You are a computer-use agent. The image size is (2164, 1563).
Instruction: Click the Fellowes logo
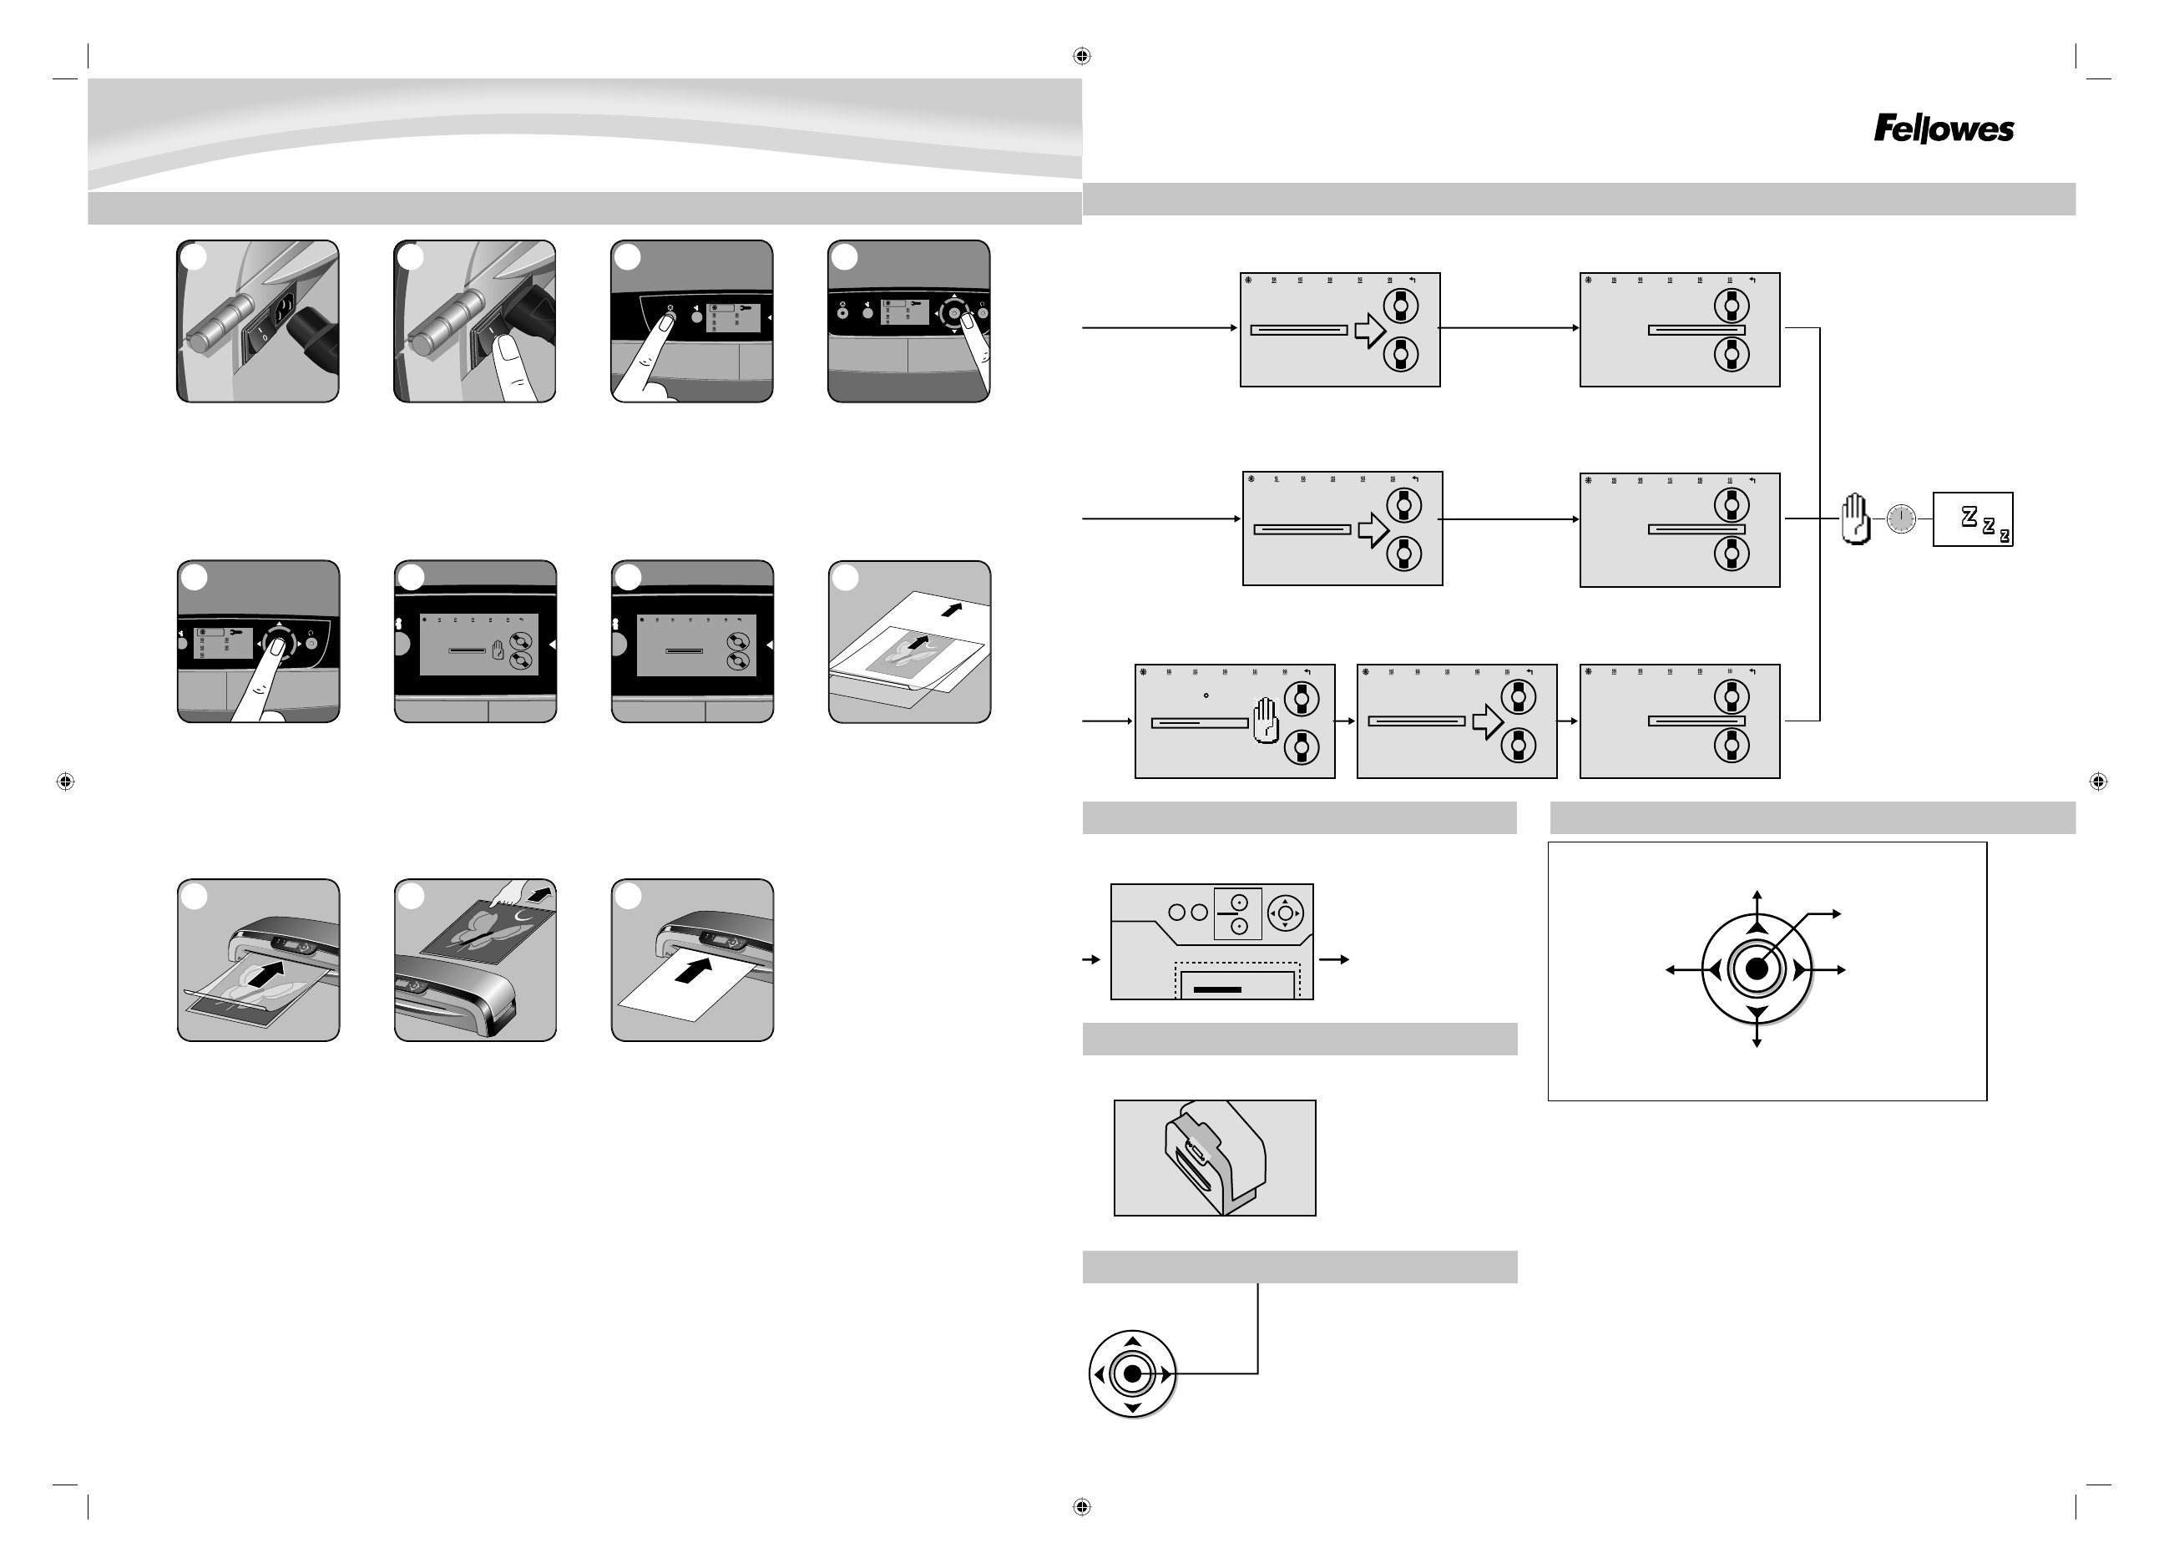pos(1944,129)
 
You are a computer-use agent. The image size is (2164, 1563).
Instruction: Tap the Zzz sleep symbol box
pos(1972,519)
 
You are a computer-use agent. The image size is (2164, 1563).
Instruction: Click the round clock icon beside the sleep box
pos(1901,519)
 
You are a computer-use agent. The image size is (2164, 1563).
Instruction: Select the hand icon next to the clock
pos(1855,519)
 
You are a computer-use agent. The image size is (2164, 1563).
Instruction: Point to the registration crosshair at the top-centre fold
pos(1081,56)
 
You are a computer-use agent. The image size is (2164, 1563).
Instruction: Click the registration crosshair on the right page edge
pos(2098,781)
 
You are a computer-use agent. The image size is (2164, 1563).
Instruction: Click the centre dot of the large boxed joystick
pos(1757,969)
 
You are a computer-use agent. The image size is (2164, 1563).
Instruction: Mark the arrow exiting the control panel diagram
pos(1334,959)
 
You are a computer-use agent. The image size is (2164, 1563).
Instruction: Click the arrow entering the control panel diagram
pos(1091,959)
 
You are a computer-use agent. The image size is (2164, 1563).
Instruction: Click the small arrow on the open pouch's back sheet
pos(950,608)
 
